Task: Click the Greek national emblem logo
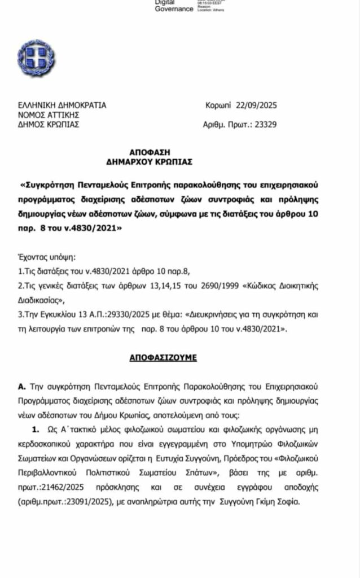click(36, 58)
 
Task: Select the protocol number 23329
click(264, 125)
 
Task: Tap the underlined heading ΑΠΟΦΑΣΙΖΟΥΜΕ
click(164, 358)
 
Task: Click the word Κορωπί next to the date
click(218, 105)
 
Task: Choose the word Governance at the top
click(174, 9)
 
